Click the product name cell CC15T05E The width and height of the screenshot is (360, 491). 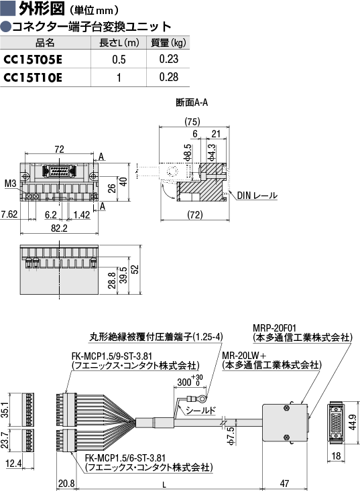[x=33, y=59]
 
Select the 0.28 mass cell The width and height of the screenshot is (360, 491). [x=168, y=77]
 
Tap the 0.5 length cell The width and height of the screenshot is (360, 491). [x=119, y=59]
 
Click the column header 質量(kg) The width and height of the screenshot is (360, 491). [x=168, y=43]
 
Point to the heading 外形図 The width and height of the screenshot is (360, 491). [x=42, y=9]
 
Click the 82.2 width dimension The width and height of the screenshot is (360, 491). [x=59, y=228]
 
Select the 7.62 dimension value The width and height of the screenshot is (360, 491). [x=9, y=214]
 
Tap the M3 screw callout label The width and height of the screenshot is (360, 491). [x=10, y=183]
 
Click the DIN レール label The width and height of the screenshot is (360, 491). [x=257, y=196]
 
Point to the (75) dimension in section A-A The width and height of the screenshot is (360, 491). [x=192, y=121]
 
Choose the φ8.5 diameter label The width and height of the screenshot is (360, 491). [x=188, y=153]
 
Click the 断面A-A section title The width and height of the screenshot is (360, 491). [x=192, y=102]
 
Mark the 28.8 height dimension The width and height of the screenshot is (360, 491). [x=112, y=280]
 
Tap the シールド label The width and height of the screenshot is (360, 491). [x=201, y=410]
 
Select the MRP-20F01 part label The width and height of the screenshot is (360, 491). [x=274, y=328]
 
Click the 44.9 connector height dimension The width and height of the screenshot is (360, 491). [x=353, y=422]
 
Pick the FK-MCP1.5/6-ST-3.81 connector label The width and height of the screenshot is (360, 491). [x=125, y=458]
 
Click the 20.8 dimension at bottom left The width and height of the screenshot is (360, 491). [x=66, y=484]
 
